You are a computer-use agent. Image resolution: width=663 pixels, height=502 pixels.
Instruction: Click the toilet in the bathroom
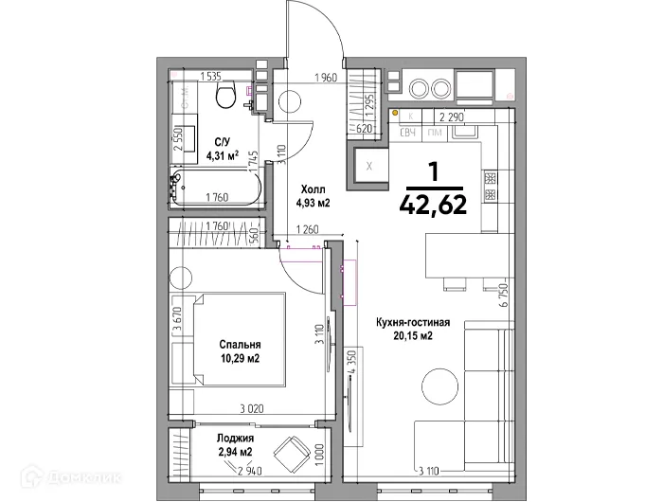point(225,96)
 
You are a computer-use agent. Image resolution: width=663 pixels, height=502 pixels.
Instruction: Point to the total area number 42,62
point(433,205)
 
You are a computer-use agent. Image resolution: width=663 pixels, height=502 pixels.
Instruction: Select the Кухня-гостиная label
point(407,323)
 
